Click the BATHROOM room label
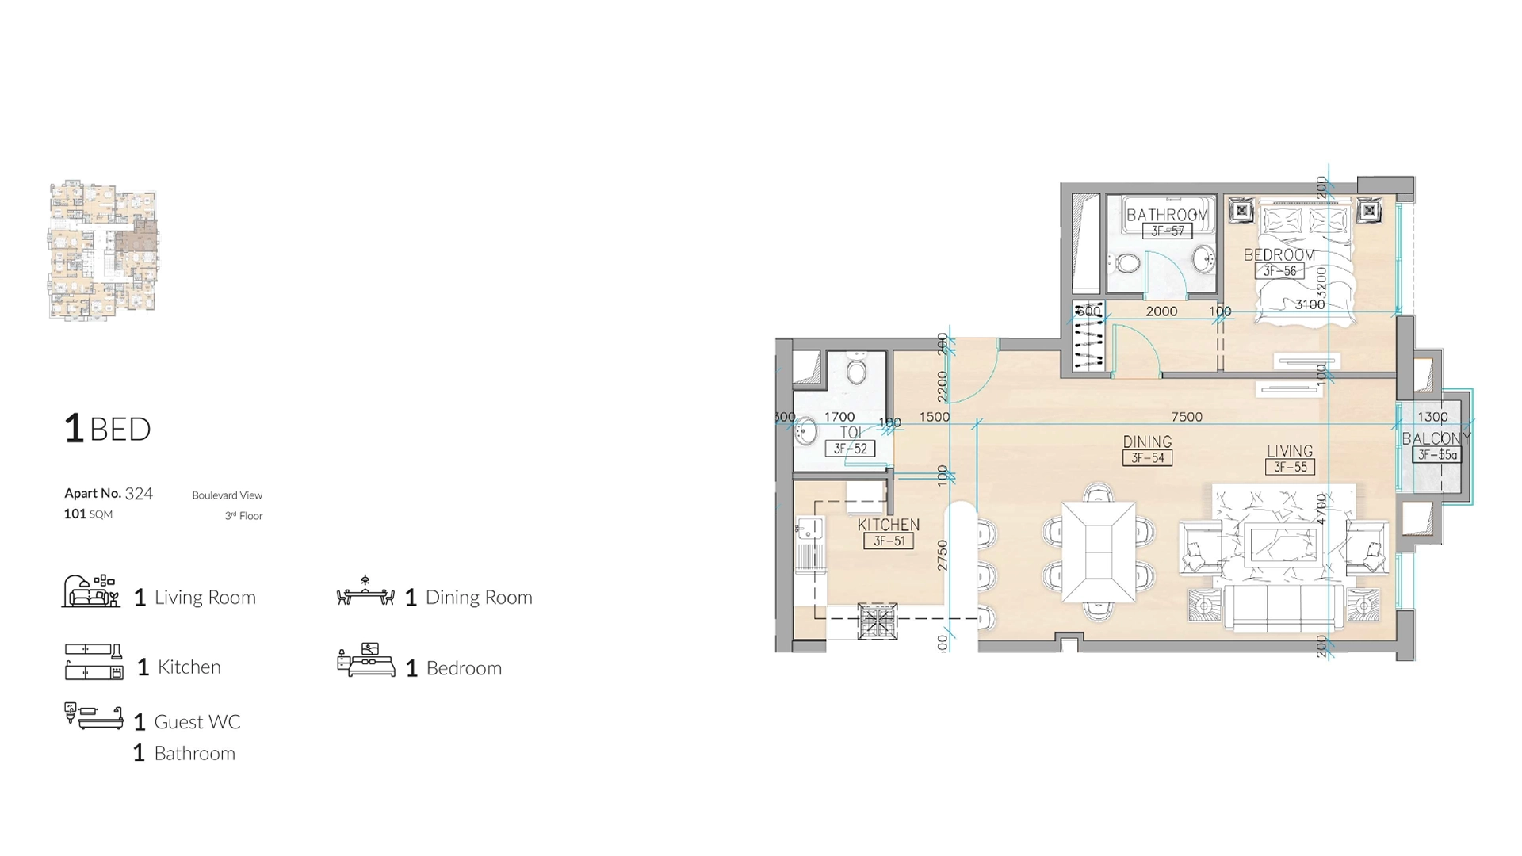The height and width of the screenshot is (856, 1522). coord(1167,215)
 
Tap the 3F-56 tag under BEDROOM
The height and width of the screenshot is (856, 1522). coord(1279,271)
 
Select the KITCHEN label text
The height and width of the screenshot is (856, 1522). coord(888,525)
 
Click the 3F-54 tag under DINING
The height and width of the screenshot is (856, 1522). coord(1147,458)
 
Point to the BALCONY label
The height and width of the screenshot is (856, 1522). coord(1436,438)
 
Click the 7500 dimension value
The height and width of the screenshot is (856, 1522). coord(1187,417)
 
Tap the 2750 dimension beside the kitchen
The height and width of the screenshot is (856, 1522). coord(943,555)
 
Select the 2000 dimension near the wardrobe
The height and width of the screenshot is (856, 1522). coord(1161,311)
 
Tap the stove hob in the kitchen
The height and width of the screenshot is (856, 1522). coord(878,621)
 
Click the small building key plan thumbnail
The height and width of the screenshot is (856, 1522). coord(103,250)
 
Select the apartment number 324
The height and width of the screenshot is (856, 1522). coord(139,494)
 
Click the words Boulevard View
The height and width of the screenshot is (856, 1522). coord(227,495)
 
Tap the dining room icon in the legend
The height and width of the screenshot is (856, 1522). coord(365,593)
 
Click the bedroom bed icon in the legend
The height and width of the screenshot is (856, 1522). coord(365,661)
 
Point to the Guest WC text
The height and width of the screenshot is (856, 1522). coord(197,722)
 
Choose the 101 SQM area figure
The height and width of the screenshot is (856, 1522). coord(88,514)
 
